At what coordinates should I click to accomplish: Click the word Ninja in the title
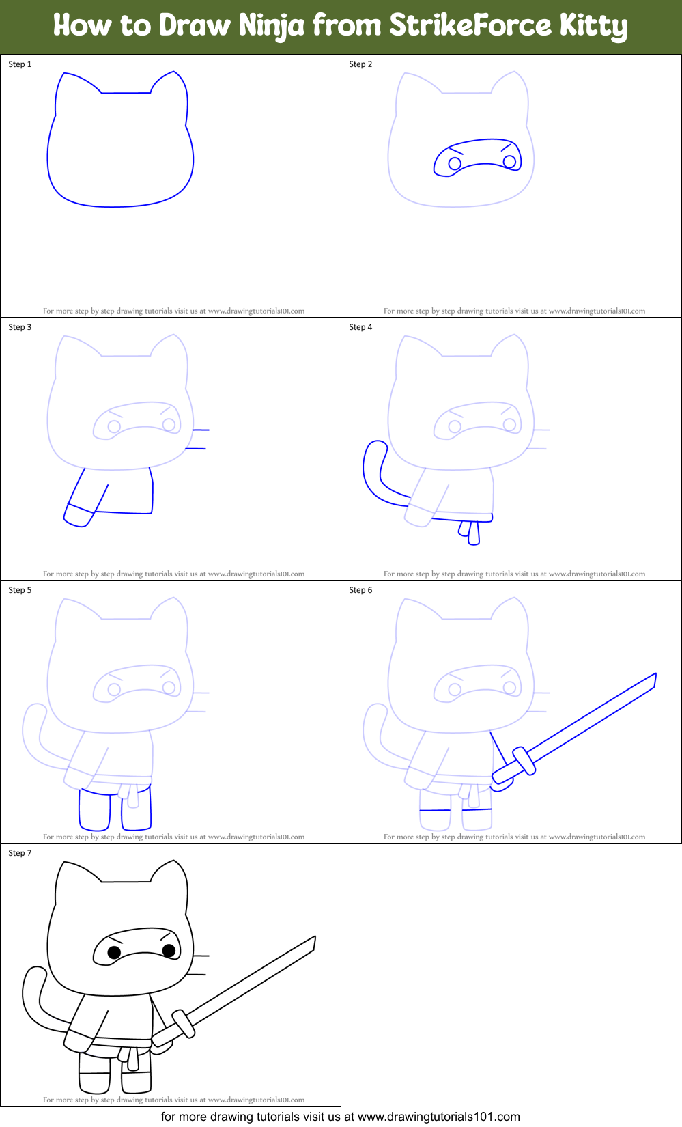(x=271, y=26)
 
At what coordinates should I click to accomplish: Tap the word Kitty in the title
(x=593, y=26)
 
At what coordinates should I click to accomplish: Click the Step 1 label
(x=20, y=64)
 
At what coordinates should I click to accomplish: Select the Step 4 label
(x=360, y=327)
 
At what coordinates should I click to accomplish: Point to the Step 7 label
(x=20, y=853)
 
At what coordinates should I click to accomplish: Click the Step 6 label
(x=360, y=590)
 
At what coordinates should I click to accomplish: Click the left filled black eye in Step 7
(x=115, y=952)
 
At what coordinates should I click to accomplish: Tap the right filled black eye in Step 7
(x=169, y=949)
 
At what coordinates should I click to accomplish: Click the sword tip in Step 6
(x=654, y=680)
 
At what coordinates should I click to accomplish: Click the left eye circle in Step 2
(x=455, y=163)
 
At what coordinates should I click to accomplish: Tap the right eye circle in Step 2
(x=509, y=161)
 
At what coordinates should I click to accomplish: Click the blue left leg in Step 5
(x=94, y=809)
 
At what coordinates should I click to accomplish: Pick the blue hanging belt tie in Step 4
(x=469, y=531)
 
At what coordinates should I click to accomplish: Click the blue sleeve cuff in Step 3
(x=78, y=516)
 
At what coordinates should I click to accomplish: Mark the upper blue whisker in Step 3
(x=200, y=430)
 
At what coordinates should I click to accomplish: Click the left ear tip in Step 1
(x=64, y=73)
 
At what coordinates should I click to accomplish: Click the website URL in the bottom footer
(x=438, y=1117)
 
